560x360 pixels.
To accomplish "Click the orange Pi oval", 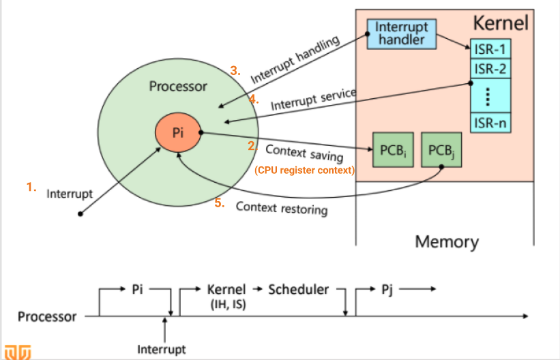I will [x=178, y=133].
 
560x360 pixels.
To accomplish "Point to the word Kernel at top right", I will [x=501, y=24].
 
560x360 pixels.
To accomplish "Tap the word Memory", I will [x=447, y=241].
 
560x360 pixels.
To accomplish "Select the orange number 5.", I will [x=220, y=203].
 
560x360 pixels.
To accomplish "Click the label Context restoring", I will [x=282, y=207].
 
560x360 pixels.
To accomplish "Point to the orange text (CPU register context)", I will [x=304, y=170].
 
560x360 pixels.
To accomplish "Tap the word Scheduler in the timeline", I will [x=298, y=289].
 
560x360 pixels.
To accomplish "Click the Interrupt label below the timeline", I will [x=161, y=350].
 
